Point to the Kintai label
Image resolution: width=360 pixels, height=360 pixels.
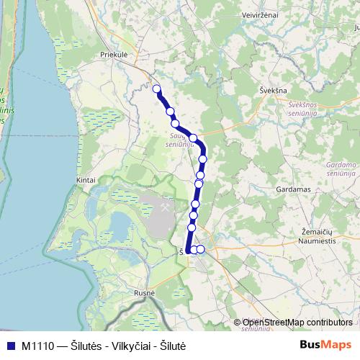point(85,180)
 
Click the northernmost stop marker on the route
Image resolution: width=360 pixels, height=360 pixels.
point(156,89)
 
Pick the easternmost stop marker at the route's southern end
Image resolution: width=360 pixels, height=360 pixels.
point(201,249)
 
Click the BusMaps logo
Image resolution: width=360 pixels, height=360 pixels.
point(325,345)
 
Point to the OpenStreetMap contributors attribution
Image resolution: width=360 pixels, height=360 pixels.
point(297,323)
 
